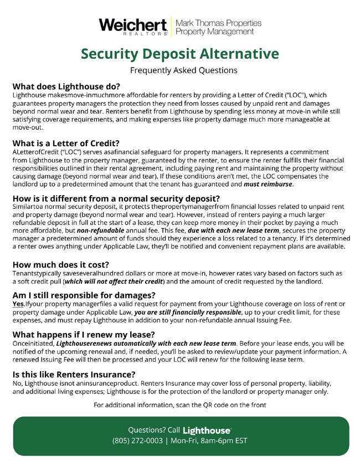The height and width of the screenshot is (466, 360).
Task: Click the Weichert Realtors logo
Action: tap(133, 27)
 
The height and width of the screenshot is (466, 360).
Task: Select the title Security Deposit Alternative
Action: tap(180, 54)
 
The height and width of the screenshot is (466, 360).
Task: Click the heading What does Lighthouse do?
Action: tap(66, 86)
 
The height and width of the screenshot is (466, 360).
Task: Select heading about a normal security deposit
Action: tap(116, 199)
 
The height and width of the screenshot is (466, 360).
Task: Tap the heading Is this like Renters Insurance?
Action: tap(74, 374)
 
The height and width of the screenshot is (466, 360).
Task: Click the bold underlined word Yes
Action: tap(18, 304)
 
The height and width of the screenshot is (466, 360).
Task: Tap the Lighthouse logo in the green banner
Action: tap(207, 430)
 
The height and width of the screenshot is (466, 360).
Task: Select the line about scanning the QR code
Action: tap(180, 405)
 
